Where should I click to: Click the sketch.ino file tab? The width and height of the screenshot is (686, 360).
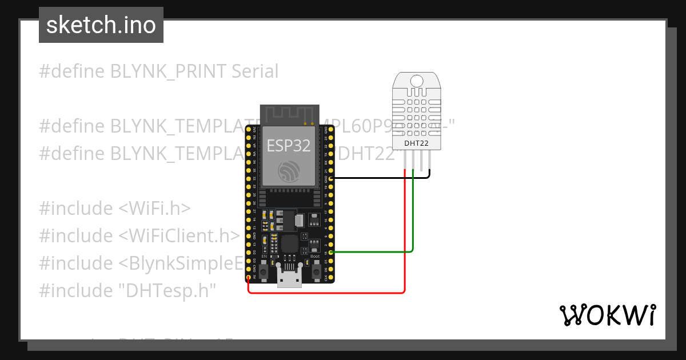pos(101,25)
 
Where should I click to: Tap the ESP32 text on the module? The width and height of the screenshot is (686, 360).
pos(289,146)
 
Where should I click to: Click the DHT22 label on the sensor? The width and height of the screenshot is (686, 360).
pos(416,144)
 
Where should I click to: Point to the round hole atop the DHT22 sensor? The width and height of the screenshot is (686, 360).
pos(417,81)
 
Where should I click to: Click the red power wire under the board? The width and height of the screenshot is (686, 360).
pos(326,293)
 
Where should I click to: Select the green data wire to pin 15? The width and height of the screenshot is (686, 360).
pos(372,251)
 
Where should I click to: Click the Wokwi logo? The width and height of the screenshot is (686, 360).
pos(607,315)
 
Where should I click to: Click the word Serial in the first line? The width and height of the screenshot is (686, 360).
pos(255,71)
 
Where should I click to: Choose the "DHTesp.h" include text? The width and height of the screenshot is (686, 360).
pos(167,291)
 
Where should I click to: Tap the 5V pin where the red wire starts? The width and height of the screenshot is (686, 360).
pos(249,278)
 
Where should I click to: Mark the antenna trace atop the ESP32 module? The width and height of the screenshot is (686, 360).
pos(289,114)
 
